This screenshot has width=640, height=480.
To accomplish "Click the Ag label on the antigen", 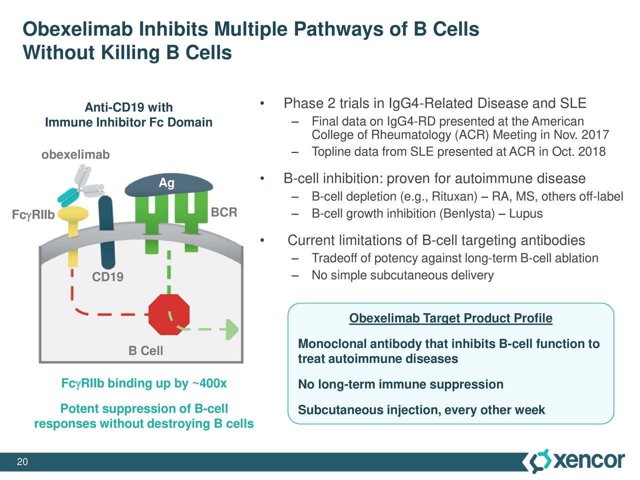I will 166,183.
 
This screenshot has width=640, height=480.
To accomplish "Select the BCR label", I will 223,212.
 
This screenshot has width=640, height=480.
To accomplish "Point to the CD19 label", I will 107,277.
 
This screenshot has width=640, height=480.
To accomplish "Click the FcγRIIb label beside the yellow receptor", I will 33,215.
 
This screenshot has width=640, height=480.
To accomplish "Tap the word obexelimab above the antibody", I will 75,154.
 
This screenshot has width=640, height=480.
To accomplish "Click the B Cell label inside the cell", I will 145,351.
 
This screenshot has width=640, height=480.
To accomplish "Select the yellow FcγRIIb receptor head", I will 72,215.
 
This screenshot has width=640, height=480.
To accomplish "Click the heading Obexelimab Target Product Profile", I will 450,318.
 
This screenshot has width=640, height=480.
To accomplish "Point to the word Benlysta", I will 468,214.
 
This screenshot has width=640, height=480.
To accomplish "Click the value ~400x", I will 209,383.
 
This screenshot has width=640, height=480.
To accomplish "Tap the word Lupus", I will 525,214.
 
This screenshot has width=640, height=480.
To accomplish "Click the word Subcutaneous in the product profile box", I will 340,410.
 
